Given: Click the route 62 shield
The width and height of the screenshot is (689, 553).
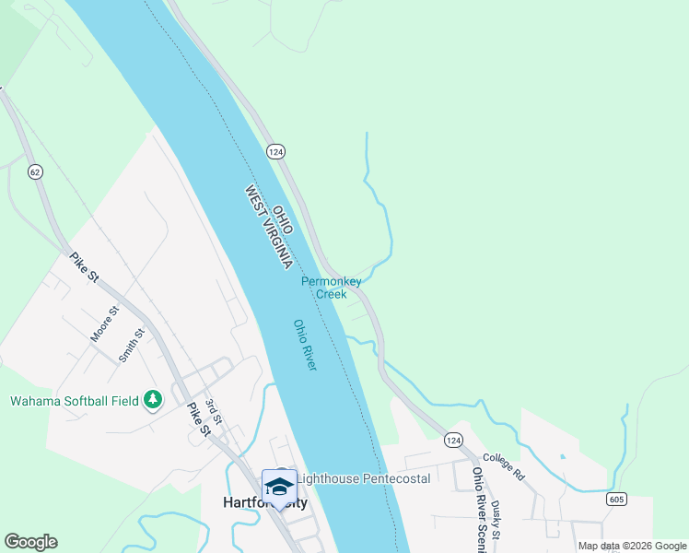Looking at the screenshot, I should click(35, 171).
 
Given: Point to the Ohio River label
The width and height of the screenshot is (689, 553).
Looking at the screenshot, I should click(305, 345).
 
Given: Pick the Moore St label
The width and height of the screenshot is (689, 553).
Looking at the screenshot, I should click(105, 324).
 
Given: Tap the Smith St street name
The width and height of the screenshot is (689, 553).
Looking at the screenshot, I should click(133, 345).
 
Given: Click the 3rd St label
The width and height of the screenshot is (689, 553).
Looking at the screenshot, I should click(214, 412).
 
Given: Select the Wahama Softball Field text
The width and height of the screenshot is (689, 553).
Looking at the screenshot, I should click(74, 401).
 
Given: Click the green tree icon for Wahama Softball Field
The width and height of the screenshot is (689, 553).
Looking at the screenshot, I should click(153, 400).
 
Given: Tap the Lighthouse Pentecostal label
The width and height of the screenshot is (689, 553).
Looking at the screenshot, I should click(363, 479).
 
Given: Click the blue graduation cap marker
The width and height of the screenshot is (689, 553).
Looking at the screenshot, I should click(279, 486).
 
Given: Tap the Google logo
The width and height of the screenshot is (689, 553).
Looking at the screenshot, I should click(30, 542).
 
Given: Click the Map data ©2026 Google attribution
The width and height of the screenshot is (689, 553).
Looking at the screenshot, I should click(632, 546).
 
